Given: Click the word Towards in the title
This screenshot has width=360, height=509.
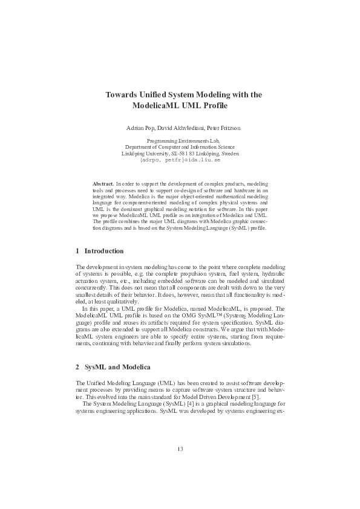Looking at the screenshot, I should (x=120, y=95).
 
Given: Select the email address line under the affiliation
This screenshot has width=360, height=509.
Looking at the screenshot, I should (x=180, y=160).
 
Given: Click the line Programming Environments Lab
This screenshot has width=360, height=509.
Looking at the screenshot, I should (x=180, y=141).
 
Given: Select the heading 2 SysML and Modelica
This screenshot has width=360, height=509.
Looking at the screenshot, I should (x=113, y=367).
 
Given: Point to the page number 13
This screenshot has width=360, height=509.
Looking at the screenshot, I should (x=180, y=448).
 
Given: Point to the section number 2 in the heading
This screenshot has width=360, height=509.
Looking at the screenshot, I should (x=78, y=367).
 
